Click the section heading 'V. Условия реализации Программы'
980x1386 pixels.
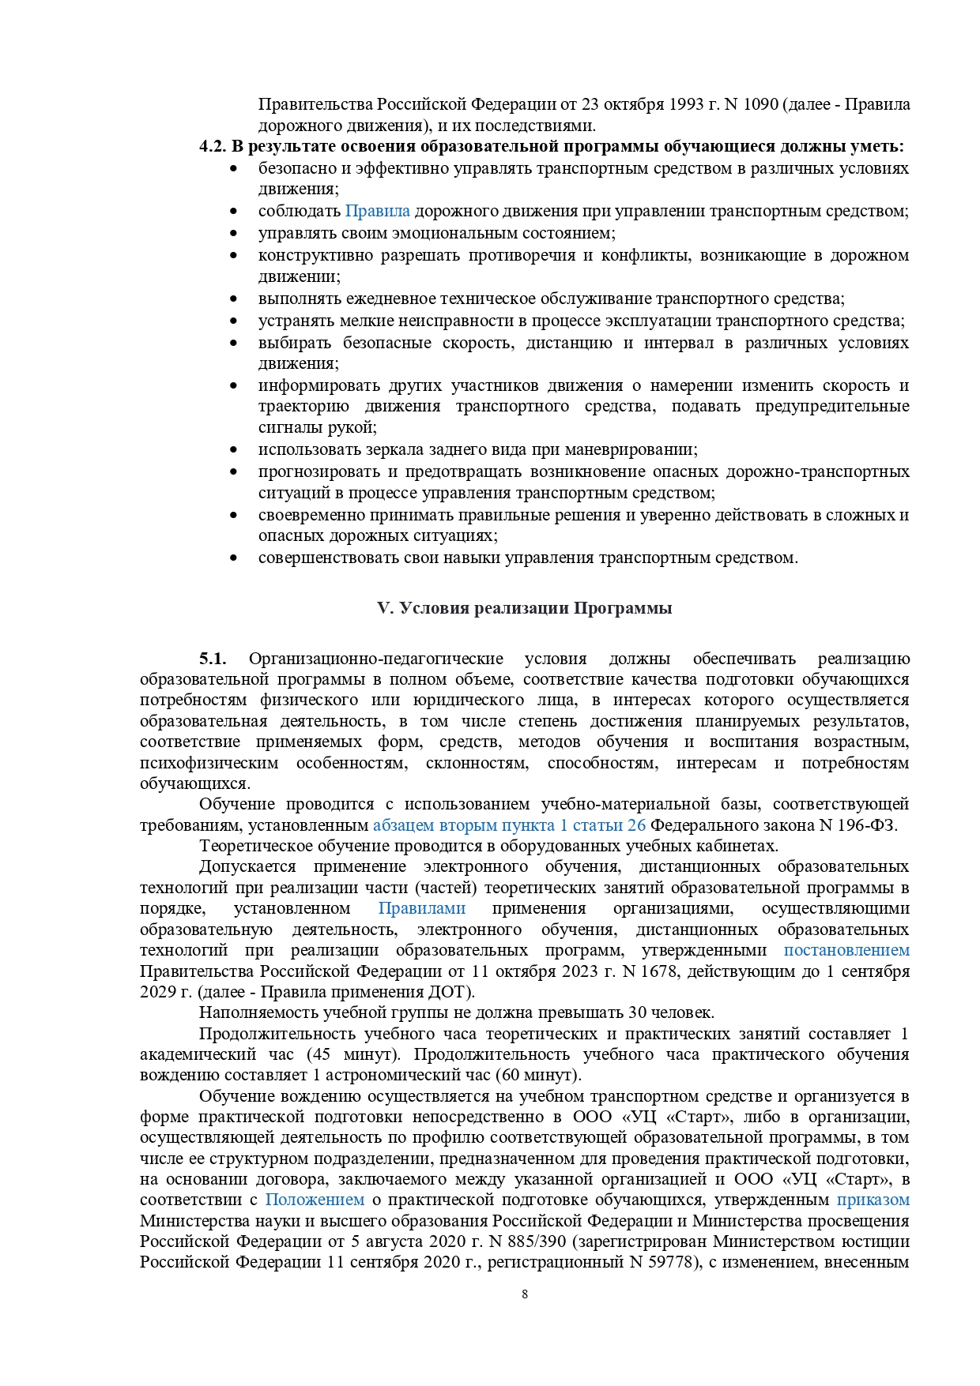525,608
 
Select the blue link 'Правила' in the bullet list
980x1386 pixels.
377,211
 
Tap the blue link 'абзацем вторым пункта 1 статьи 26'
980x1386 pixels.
509,825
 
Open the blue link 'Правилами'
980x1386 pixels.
421,908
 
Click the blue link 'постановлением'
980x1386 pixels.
846,950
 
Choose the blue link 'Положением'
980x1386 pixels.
315,1200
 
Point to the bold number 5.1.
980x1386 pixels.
213,659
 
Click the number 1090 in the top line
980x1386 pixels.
761,104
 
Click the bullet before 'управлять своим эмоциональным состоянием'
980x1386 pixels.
233,234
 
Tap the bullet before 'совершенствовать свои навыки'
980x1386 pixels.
233,558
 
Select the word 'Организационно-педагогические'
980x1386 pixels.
375,659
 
